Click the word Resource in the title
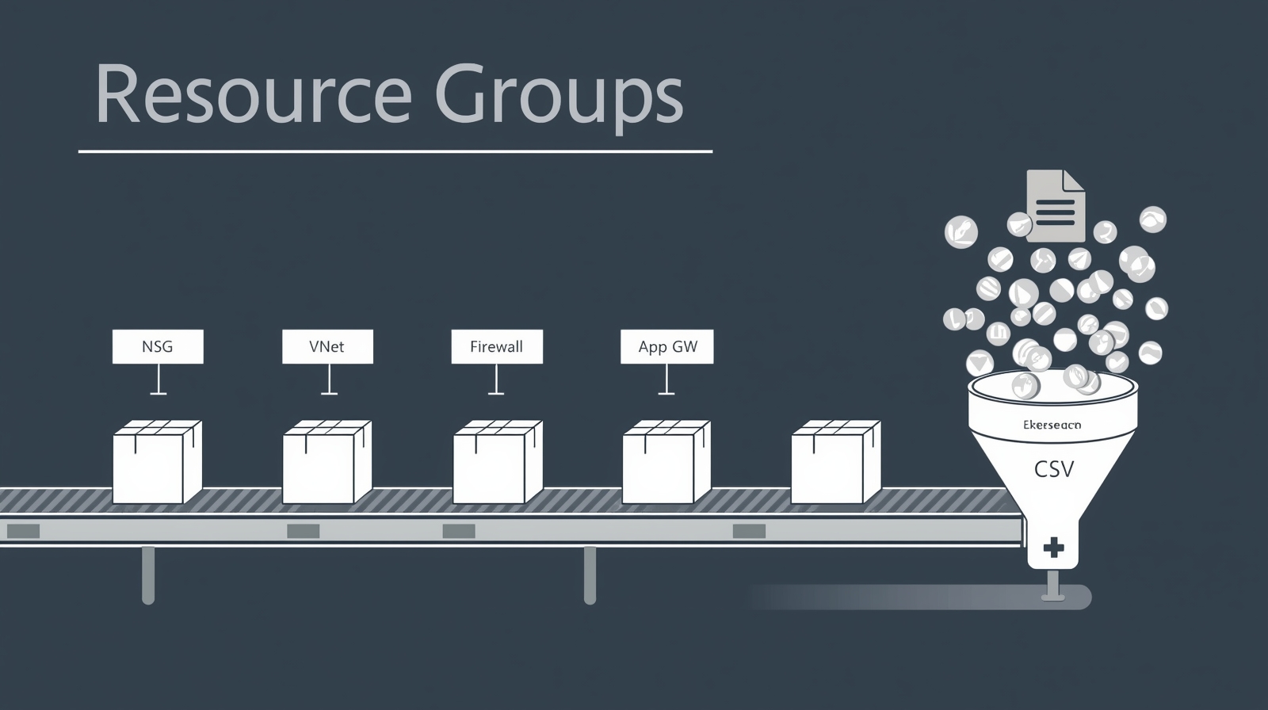pos(253,95)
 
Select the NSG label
pos(158,347)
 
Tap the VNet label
pos(327,347)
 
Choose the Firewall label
pos(497,347)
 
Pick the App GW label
pos(666,347)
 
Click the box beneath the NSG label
pos(157,463)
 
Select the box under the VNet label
pos(327,463)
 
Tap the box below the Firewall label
pos(497,463)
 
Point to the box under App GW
pos(666,463)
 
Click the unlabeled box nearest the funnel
pos(835,463)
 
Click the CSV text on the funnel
pos(1054,469)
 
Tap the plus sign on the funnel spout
pos(1053,547)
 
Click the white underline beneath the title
pos(395,151)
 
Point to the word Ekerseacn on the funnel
pos(1052,426)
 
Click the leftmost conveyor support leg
pos(148,574)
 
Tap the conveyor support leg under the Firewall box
pos(590,574)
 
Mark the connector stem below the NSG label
pos(158,379)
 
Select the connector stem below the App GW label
pos(666,379)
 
